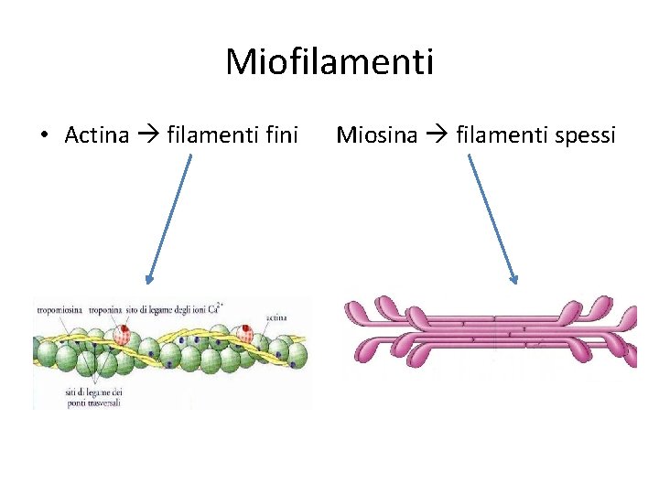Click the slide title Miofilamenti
(329, 62)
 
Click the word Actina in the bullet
(97, 135)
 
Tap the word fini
(278, 135)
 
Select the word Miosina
(377, 135)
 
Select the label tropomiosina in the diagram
(59, 311)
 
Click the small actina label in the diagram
(277, 317)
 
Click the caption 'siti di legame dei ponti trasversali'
(94, 398)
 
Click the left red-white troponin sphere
(123, 336)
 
